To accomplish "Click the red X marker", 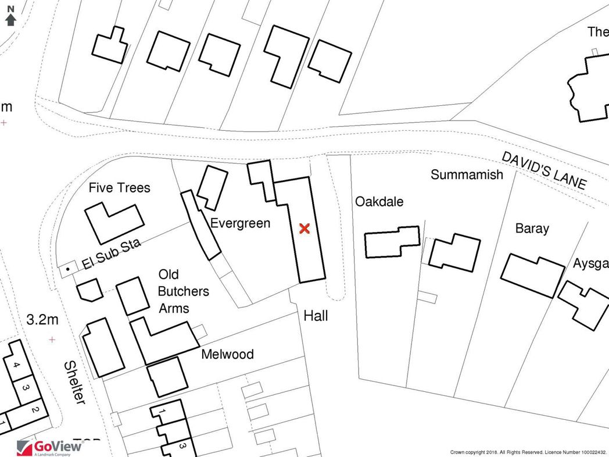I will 303,228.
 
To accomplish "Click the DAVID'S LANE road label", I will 544,170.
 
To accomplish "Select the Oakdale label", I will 379,202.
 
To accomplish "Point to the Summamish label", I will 467,174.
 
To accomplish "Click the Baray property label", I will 532,228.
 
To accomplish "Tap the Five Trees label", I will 119,187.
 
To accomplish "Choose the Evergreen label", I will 240,223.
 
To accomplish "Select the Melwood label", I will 227,354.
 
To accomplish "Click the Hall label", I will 316,316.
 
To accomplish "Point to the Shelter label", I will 74,383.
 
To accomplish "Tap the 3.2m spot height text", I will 42,320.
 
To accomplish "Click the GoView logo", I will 49,447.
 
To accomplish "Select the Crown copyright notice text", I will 528,452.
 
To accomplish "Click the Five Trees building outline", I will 114,223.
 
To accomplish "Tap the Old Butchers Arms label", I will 184,291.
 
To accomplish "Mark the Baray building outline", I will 532,275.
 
